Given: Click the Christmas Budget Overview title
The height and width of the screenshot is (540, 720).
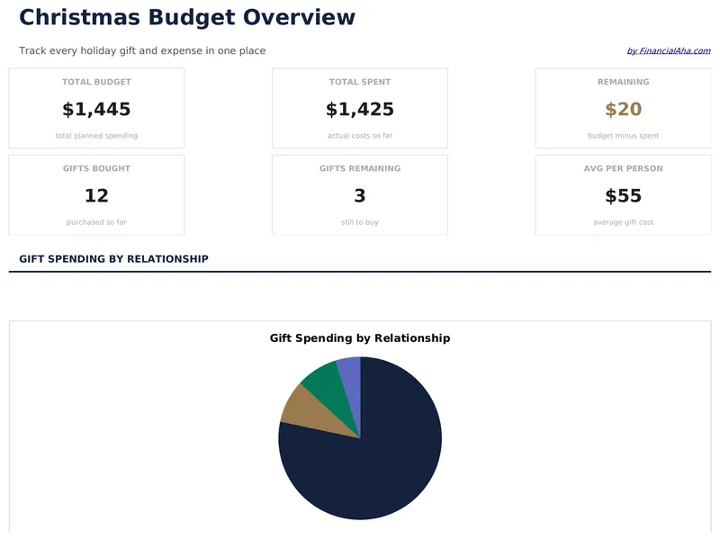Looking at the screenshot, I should tap(186, 17).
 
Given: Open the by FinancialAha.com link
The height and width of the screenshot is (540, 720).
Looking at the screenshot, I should tap(668, 51).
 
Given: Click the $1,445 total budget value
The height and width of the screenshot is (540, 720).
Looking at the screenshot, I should tap(96, 110).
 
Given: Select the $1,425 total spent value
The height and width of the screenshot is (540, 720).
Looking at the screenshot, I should tap(360, 110).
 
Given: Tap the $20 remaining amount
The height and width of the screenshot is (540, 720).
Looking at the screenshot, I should tap(623, 110).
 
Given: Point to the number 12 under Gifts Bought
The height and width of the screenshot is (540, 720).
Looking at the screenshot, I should tap(96, 196).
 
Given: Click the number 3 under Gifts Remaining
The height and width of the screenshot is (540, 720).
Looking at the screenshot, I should tap(360, 196).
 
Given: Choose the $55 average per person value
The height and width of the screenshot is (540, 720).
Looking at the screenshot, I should tap(623, 196).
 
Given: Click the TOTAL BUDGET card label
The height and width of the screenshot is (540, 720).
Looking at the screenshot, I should tap(96, 82).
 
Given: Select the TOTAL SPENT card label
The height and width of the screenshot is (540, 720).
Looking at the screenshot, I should tap(360, 82).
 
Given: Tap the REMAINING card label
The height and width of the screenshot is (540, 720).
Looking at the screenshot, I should tap(623, 82).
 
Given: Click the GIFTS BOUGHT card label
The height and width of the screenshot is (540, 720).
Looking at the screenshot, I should tap(96, 168).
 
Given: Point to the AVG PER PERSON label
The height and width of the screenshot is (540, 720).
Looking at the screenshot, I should tap(623, 168).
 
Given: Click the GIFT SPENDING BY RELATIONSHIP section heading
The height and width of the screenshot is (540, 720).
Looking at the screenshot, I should tap(113, 259).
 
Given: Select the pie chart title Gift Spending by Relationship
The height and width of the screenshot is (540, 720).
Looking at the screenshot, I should tap(360, 338).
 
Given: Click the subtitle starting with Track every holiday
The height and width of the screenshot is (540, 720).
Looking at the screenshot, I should tap(142, 51).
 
